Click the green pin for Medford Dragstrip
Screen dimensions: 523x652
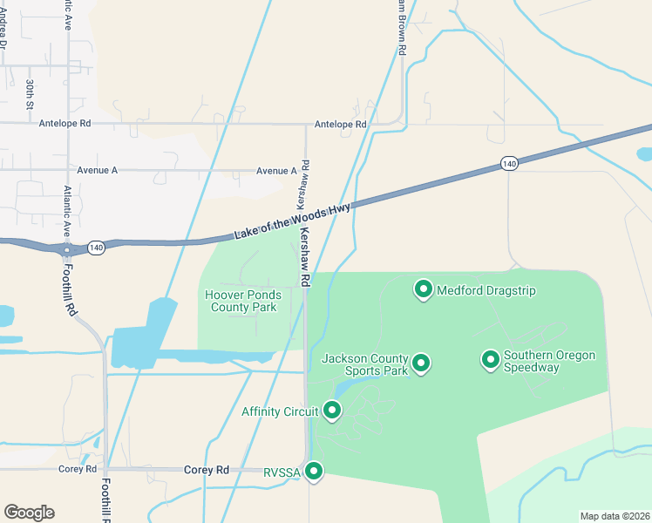[x=424, y=289]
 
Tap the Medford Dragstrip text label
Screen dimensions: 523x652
[x=486, y=291]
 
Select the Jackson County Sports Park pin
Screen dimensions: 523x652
[x=421, y=363]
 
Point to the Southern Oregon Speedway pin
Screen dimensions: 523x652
[x=491, y=359]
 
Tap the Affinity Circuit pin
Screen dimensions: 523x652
[x=331, y=409]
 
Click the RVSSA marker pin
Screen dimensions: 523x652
[x=313, y=472]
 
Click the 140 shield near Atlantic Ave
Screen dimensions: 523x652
[x=96, y=248]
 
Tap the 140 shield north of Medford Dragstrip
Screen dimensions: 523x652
[x=510, y=163]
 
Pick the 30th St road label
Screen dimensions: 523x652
[x=30, y=92]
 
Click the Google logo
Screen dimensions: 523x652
[x=29, y=513]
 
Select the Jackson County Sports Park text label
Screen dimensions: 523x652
[x=364, y=364]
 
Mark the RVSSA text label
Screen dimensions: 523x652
[x=281, y=473]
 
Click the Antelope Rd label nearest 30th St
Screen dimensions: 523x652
[x=65, y=124]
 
